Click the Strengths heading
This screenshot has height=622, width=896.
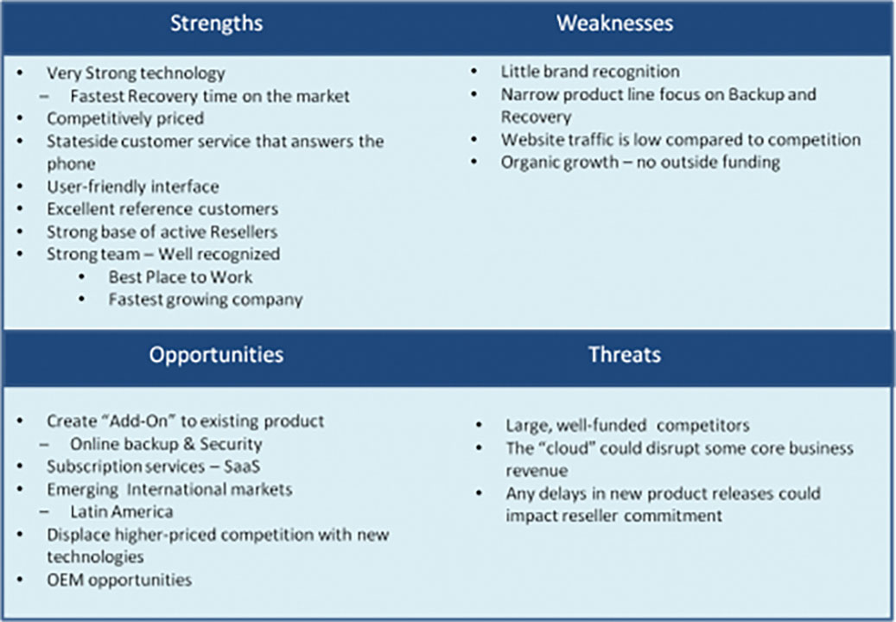pyautogui.click(x=217, y=23)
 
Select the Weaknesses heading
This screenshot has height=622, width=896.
pyautogui.click(x=615, y=23)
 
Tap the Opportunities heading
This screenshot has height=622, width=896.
pyautogui.click(x=217, y=355)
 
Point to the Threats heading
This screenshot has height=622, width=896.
pyautogui.click(x=625, y=355)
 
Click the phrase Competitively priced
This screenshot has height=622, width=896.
pyautogui.click(x=125, y=119)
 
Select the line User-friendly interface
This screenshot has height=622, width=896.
pyautogui.click(x=132, y=187)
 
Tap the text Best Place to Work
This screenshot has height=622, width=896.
pyautogui.click(x=181, y=277)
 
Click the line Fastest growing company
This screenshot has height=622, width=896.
pyautogui.click(x=206, y=300)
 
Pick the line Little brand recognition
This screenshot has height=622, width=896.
pyautogui.click(x=590, y=72)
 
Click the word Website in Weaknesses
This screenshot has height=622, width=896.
pyautogui.click(x=529, y=140)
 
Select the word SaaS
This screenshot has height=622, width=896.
pyautogui.click(x=242, y=466)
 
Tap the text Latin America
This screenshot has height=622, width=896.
pyautogui.click(x=122, y=511)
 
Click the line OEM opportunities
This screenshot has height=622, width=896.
pyautogui.click(x=119, y=581)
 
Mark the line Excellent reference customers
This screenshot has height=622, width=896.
pyautogui.click(x=162, y=209)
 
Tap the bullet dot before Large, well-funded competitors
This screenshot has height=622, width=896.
pyautogui.click(x=479, y=425)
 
